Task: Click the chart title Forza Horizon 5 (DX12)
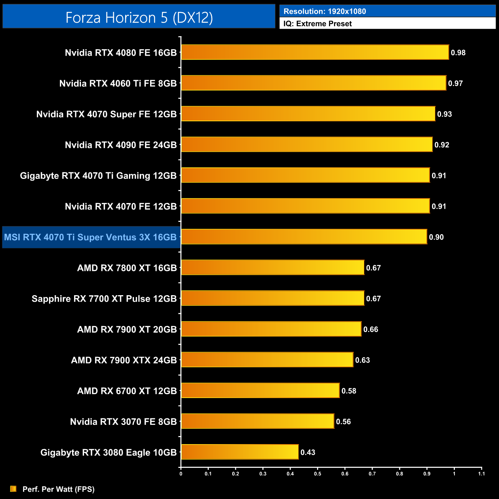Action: [x=139, y=18]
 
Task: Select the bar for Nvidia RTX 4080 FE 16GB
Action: [x=315, y=52]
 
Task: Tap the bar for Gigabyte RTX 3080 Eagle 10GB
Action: [x=240, y=452]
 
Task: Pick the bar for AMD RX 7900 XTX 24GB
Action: [x=267, y=360]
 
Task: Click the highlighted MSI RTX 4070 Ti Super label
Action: [x=90, y=237]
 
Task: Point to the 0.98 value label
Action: [x=458, y=53]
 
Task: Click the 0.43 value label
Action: [x=308, y=452]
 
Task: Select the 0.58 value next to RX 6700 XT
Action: [x=349, y=391]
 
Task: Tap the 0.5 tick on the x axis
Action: [x=317, y=474]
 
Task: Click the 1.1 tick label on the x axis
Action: [x=481, y=474]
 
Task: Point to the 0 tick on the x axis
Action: [x=181, y=474]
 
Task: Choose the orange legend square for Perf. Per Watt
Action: [x=13, y=489]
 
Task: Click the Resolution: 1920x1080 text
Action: [x=325, y=12]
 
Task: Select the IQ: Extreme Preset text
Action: [x=317, y=24]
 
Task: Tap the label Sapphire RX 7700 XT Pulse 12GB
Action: [x=104, y=299]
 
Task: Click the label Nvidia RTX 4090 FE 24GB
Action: [x=121, y=145]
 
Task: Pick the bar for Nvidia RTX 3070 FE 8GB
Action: [x=258, y=421]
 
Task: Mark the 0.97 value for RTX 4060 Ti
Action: [x=455, y=83]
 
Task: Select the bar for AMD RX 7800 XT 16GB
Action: [x=273, y=267]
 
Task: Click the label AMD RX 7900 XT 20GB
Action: [x=127, y=329]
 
